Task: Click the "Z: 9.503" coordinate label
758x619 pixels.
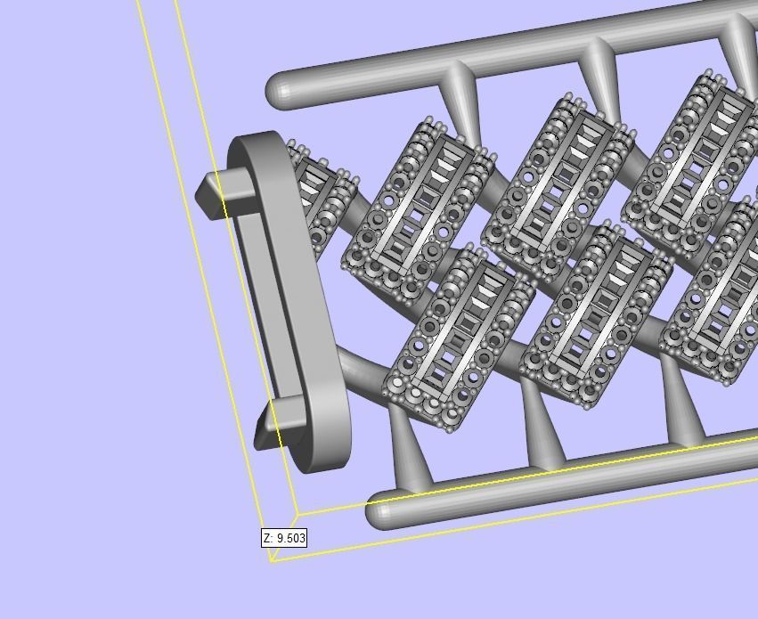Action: [x=284, y=538]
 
